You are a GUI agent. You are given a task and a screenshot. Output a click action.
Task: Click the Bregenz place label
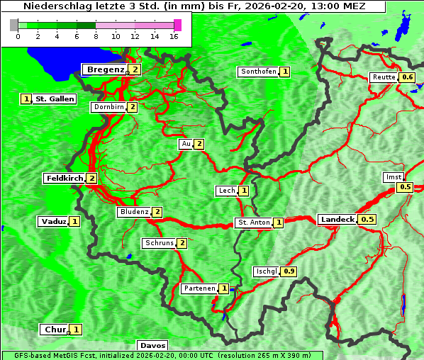pyautogui.click(x=105, y=69)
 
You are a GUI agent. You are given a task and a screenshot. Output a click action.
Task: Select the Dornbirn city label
pyautogui.click(x=108, y=107)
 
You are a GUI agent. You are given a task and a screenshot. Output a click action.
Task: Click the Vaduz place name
pyautogui.click(x=53, y=221)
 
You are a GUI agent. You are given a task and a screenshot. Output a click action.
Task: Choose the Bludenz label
pyautogui.click(x=134, y=212)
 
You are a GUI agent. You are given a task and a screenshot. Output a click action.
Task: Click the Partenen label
pyautogui.click(x=199, y=288)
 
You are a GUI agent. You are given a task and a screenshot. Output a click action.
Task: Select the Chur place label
pyautogui.click(x=55, y=330)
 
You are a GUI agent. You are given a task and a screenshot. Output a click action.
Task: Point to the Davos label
pyautogui.click(x=152, y=345)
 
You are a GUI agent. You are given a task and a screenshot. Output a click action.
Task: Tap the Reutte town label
pyautogui.click(x=383, y=77)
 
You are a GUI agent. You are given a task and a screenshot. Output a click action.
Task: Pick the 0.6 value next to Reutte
pyautogui.click(x=408, y=77)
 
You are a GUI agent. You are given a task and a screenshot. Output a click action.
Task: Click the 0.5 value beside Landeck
pyautogui.click(x=367, y=220)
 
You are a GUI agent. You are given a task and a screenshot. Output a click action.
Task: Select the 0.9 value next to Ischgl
pyautogui.click(x=289, y=271)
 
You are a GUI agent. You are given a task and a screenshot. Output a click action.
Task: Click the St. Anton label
pyautogui.click(x=253, y=223)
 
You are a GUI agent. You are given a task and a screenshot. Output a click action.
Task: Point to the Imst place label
pyautogui.click(x=392, y=176)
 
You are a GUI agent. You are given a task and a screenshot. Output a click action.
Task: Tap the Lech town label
pyautogui.click(x=226, y=191)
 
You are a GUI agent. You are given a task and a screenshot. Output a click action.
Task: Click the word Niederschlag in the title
pyautogui.click(x=52, y=6)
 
